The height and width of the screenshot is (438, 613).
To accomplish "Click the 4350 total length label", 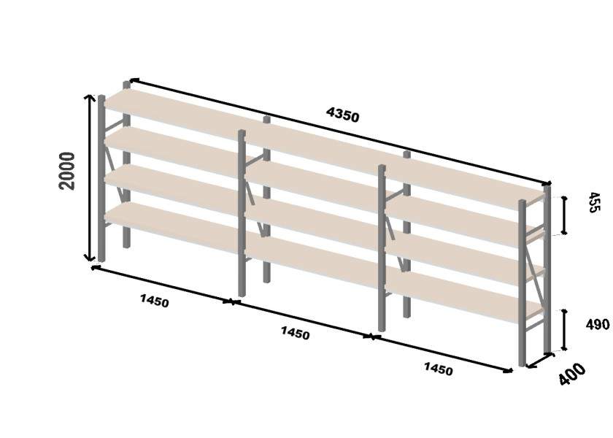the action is click(x=342, y=115).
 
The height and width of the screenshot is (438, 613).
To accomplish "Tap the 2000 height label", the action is click(x=66, y=172).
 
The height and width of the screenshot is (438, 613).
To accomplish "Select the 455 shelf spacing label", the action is click(x=593, y=202).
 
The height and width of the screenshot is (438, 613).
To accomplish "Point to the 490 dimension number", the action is click(x=598, y=324).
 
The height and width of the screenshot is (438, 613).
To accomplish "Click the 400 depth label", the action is click(x=572, y=374).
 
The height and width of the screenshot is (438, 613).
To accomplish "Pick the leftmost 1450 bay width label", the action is click(x=155, y=301).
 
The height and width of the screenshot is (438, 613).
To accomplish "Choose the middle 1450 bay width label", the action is click(x=295, y=333).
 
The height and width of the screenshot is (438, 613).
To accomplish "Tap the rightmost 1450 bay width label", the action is click(x=439, y=369).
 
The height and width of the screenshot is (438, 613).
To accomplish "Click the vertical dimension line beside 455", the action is click(x=564, y=215).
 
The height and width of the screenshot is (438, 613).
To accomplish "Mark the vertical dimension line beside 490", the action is click(x=564, y=329).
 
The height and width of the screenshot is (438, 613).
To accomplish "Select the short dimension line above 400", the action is click(x=540, y=360).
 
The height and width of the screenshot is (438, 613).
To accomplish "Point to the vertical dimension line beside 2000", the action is click(x=90, y=177).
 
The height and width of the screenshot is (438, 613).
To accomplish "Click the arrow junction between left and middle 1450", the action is click(x=232, y=302).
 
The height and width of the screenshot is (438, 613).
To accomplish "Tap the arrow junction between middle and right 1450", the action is click(x=371, y=337).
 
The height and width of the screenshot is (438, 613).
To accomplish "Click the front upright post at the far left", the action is click(x=101, y=178).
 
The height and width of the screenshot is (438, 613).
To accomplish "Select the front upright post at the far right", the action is click(x=522, y=283).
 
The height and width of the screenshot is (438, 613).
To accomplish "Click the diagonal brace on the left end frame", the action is click(x=114, y=167).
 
